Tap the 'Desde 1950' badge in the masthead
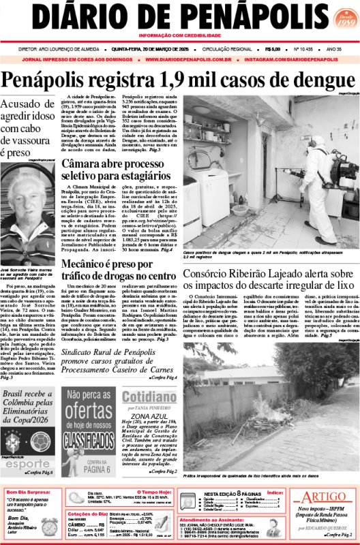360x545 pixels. (336, 17)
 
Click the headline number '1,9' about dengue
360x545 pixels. (183, 80)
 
